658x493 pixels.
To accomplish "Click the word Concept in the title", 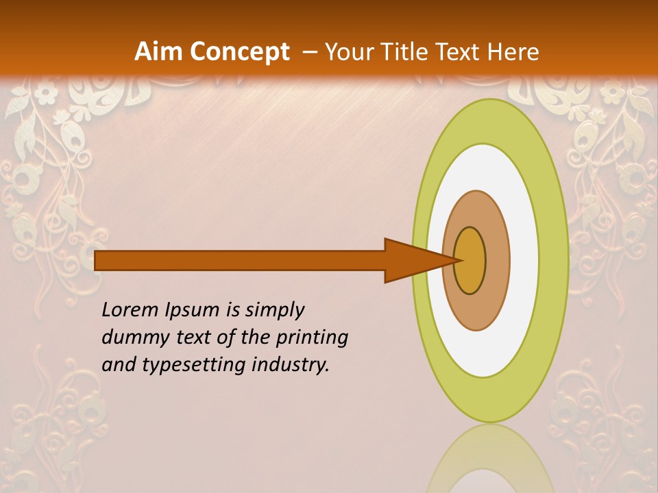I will tap(241, 52).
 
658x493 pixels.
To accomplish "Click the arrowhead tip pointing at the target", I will tap(458, 260).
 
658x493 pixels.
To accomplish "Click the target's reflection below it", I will tap(490, 462).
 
